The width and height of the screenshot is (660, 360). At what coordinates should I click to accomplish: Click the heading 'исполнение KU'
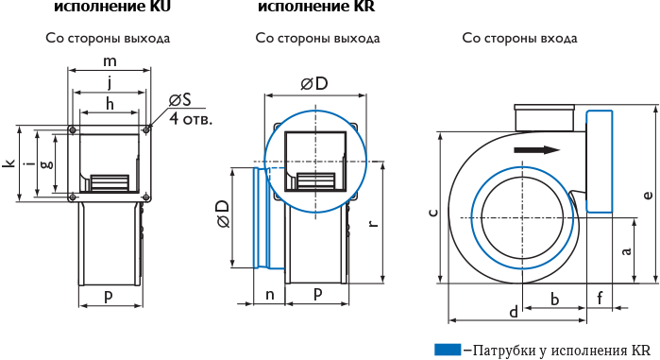pos(112,7)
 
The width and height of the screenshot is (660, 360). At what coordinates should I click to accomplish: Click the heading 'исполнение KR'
pos(316,7)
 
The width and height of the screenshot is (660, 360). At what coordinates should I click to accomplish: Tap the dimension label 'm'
pos(110,61)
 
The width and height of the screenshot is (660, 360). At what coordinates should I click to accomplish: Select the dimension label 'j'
pos(110,82)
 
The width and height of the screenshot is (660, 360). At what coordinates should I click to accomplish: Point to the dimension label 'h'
pos(110,103)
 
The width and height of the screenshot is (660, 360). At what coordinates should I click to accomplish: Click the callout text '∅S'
pos(179,100)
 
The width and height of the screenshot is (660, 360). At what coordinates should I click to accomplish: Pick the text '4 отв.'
pos(191,119)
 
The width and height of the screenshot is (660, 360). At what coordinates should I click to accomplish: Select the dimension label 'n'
pos(270,295)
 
